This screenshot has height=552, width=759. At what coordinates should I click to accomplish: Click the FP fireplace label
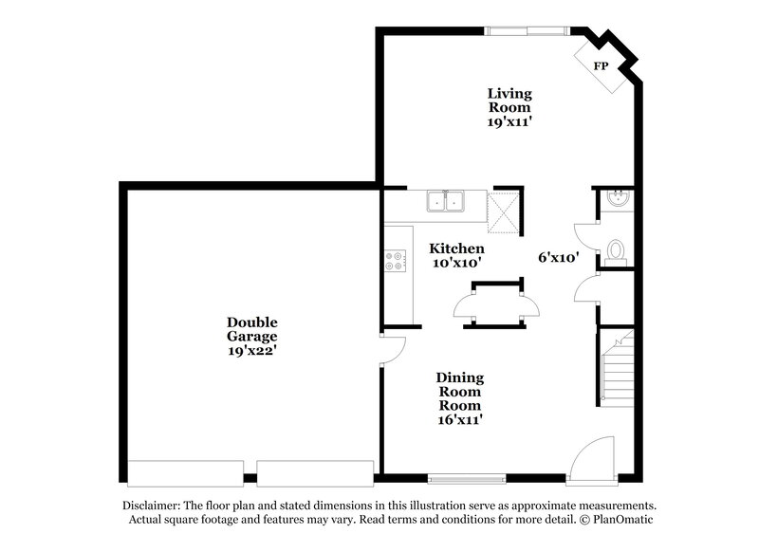[601, 65]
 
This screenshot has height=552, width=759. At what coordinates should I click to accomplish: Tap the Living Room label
[509, 101]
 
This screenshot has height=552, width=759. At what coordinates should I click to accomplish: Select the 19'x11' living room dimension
[509, 122]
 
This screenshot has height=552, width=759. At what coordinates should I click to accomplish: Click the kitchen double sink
[445, 201]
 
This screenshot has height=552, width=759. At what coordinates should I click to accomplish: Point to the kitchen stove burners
[395, 260]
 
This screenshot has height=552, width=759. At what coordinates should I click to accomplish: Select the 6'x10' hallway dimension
[558, 257]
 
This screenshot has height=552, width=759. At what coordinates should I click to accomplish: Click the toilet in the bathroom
[615, 251]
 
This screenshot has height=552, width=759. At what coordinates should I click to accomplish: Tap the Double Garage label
[251, 329]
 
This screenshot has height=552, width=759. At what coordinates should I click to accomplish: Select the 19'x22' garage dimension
[251, 351]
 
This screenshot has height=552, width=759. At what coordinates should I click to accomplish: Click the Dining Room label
[459, 392]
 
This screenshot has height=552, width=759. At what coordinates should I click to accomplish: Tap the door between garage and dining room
[393, 349]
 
